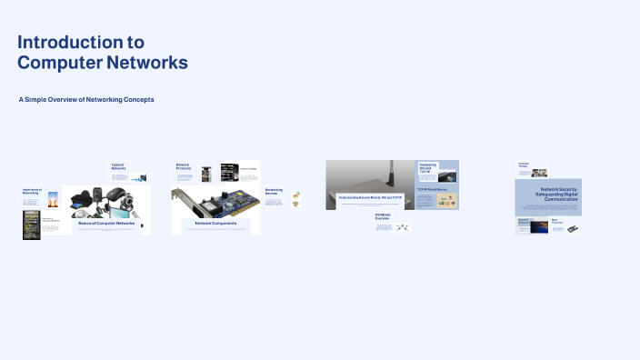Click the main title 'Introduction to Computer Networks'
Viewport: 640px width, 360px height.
coord(103,53)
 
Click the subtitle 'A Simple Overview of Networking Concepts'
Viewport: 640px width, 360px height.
coord(86,99)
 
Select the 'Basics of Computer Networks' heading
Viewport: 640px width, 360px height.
coord(105,223)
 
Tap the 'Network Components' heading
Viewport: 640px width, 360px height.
coord(215,223)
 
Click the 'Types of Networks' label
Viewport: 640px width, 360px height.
coord(118,166)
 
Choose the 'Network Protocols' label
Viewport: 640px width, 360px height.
coord(185,166)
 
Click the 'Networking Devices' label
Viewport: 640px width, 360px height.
coord(274,193)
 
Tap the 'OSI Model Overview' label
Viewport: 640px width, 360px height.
coord(382,218)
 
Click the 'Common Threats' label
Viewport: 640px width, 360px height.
coord(524,165)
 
